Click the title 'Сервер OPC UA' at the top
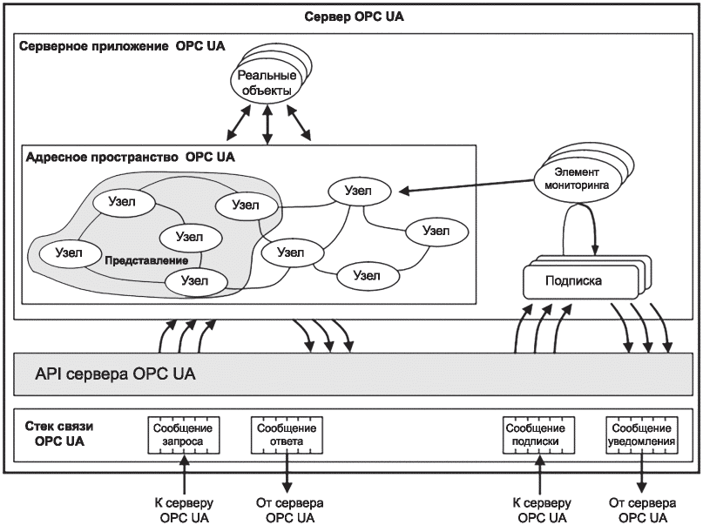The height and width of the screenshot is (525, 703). pyautogui.click(x=354, y=17)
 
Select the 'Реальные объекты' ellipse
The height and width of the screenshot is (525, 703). pyautogui.click(x=267, y=84)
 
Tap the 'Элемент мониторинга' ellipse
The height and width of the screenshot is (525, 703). pyautogui.click(x=577, y=178)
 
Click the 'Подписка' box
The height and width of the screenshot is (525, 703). pyautogui.click(x=580, y=281)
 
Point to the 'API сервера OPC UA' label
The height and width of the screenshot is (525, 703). pyautogui.click(x=115, y=374)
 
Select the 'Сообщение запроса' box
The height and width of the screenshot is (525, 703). pyautogui.click(x=183, y=435)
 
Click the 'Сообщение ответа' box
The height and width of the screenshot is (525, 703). pyautogui.click(x=287, y=435)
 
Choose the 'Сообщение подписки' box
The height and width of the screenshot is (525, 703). pyautogui.click(x=538, y=435)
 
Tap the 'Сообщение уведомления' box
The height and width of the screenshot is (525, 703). pyautogui.click(x=641, y=435)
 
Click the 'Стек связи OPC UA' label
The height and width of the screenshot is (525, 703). pyautogui.click(x=59, y=434)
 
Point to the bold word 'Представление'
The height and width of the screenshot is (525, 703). pyautogui.click(x=146, y=260)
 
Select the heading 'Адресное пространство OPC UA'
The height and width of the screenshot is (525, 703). pyautogui.click(x=130, y=158)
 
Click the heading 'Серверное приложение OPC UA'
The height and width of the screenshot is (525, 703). pyautogui.click(x=122, y=46)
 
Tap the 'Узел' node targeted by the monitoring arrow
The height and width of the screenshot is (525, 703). pyautogui.click(x=359, y=191)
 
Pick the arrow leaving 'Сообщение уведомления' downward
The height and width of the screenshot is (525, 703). pyautogui.click(x=641, y=473)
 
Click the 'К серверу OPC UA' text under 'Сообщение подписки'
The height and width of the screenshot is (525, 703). pyautogui.click(x=542, y=510)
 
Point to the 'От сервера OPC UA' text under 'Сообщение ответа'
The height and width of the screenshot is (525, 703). pyautogui.click(x=289, y=510)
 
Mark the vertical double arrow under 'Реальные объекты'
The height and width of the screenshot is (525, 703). pyautogui.click(x=267, y=125)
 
